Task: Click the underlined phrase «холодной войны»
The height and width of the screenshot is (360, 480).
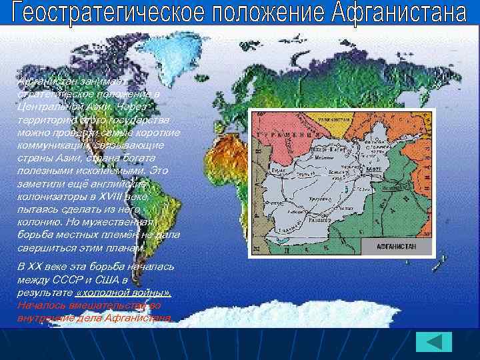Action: point(124,293)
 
